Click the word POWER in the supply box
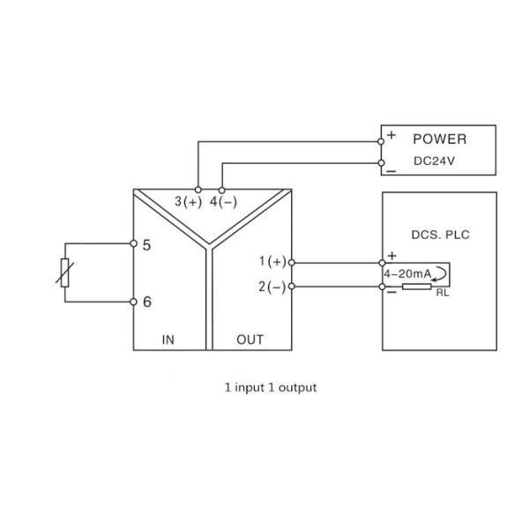point(439,139)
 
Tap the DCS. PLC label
point(439,235)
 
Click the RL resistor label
point(442,293)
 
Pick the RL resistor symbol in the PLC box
point(416,287)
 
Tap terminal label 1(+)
point(272,262)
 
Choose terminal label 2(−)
point(272,287)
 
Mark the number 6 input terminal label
point(146,302)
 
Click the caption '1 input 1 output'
point(270,386)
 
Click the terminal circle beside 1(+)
point(291,262)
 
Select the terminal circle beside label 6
point(133,302)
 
